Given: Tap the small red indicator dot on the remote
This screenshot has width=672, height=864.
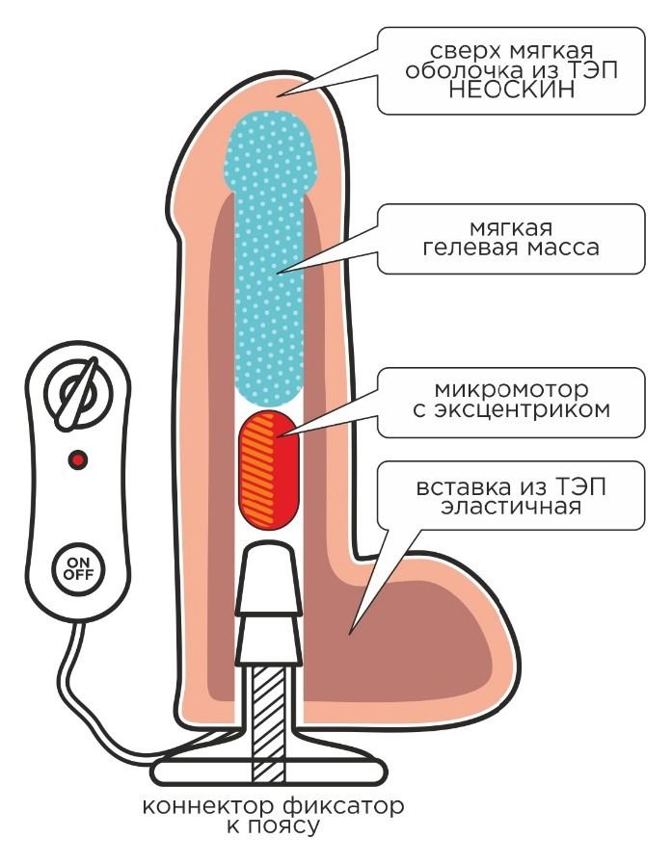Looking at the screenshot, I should (x=78, y=460).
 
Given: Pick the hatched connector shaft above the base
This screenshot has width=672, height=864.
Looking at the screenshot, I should (x=269, y=717).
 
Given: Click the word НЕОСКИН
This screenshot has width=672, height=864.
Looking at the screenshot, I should (x=512, y=92).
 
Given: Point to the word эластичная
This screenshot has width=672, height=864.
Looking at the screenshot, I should (x=510, y=506).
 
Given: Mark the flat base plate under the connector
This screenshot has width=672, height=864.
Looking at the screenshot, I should (x=269, y=771).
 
